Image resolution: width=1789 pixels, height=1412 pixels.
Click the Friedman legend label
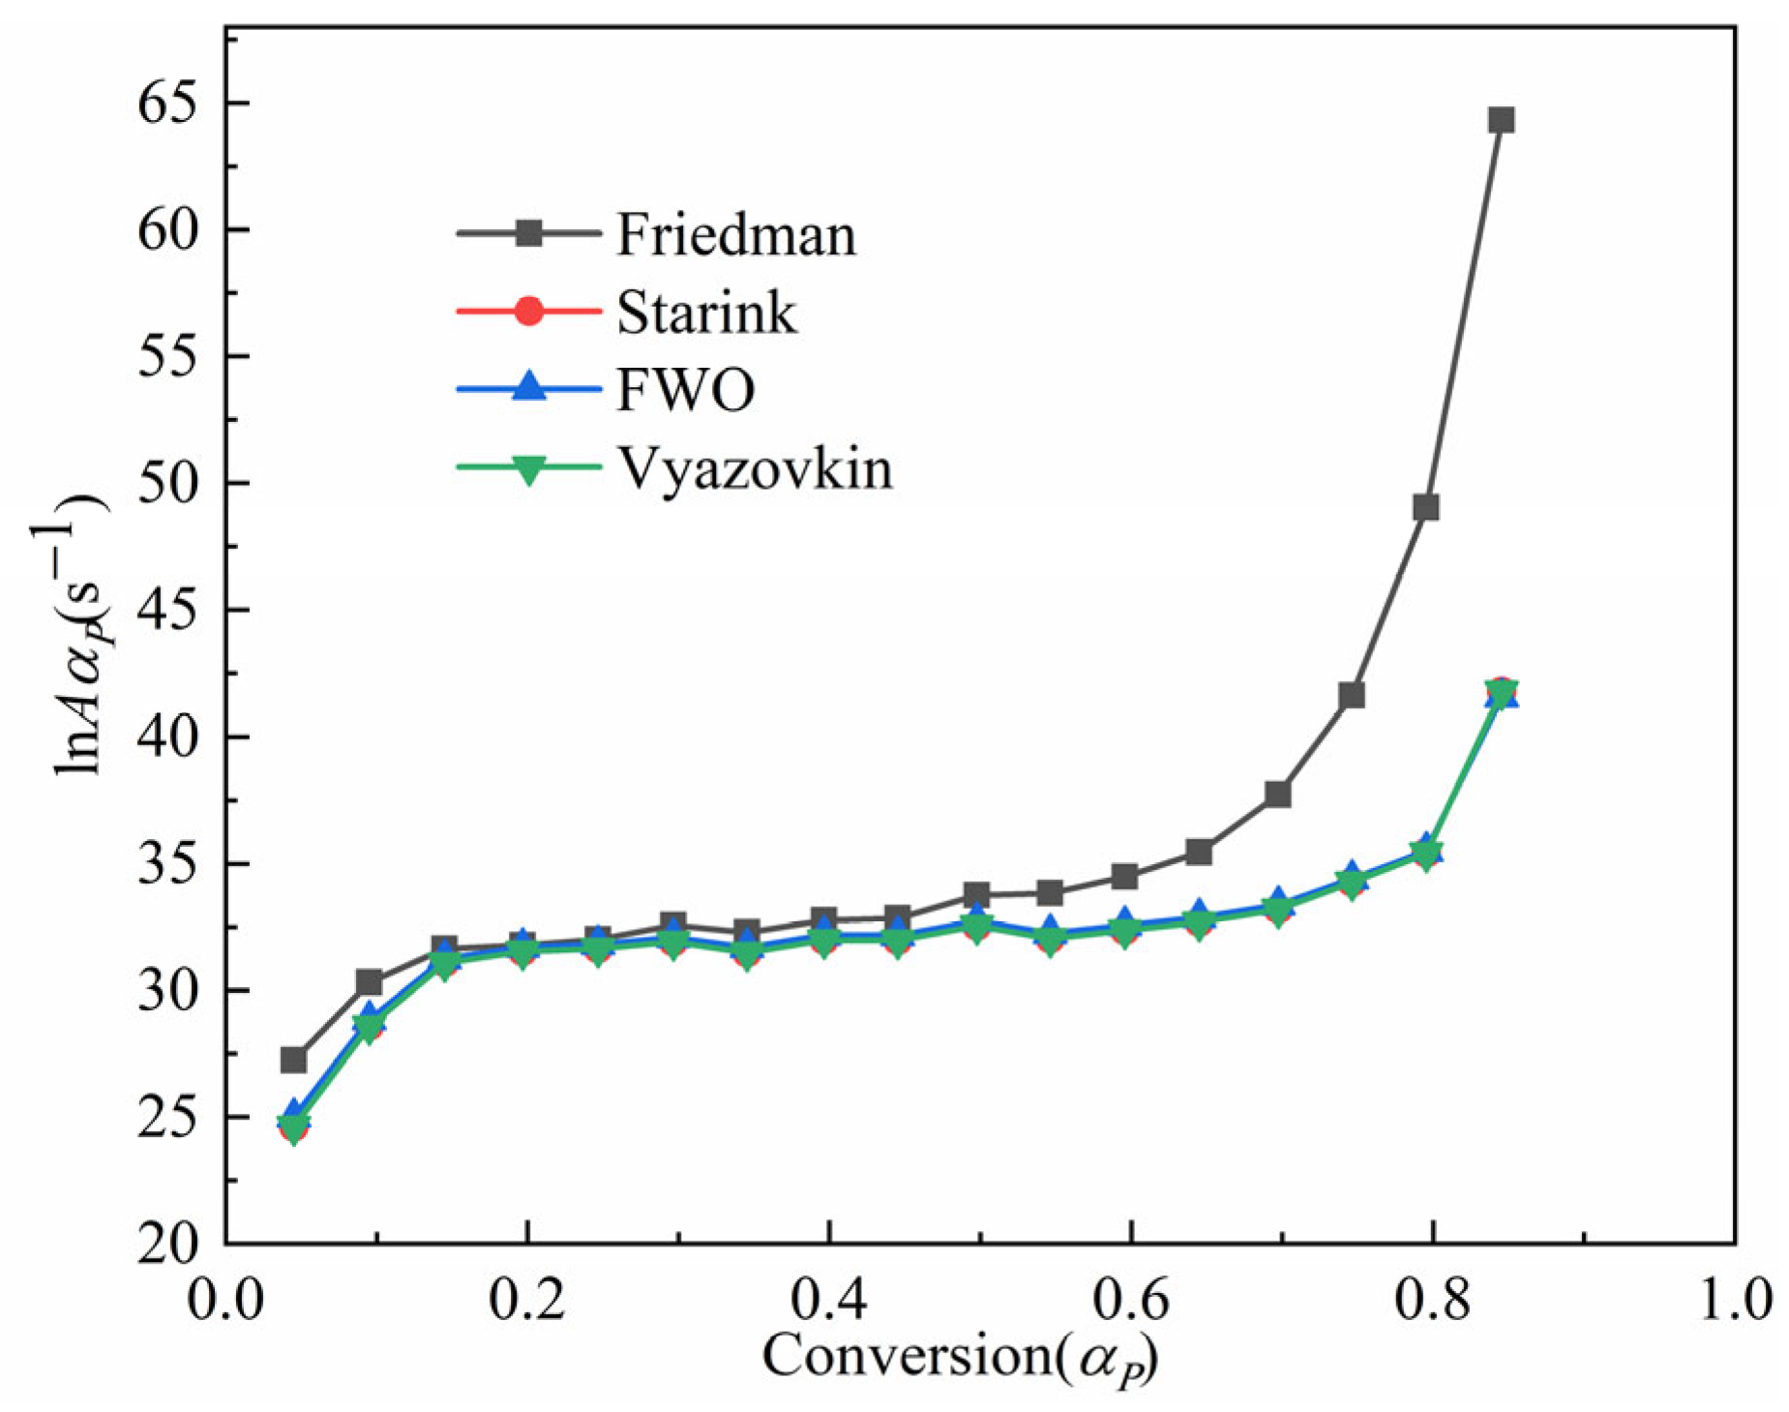point(735,235)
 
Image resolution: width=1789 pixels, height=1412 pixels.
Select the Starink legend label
point(706,314)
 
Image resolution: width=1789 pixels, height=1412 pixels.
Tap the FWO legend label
point(685,391)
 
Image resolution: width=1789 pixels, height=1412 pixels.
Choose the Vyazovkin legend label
point(755,469)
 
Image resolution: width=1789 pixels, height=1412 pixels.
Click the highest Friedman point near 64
point(1501,120)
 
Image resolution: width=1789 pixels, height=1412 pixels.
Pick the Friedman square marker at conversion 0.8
point(1425,507)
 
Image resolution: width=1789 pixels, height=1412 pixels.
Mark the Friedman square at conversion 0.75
point(1351,695)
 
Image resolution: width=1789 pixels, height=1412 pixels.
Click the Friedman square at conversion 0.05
point(293,1060)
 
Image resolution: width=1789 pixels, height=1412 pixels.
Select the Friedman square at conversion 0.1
point(369,982)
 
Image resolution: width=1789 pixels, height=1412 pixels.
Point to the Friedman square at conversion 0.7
point(1277,795)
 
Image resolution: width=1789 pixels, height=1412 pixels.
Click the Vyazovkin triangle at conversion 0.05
point(293,1127)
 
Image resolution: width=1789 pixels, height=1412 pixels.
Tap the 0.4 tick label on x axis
point(828,1299)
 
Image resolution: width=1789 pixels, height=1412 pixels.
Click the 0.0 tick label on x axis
point(225,1299)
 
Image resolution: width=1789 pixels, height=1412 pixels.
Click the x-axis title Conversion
point(958,1357)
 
